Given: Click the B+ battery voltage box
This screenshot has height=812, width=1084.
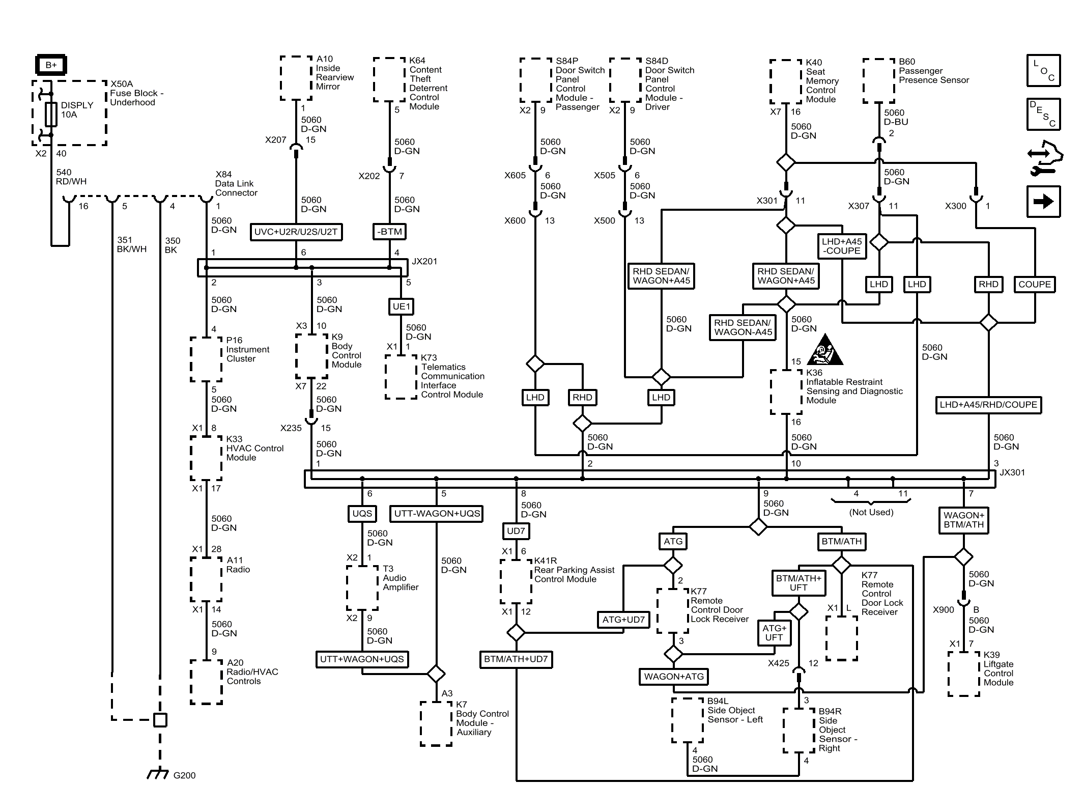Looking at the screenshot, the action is click(51, 65).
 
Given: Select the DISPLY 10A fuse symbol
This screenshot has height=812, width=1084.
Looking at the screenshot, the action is click(51, 114).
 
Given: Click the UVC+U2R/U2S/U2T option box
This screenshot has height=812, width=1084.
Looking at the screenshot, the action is click(296, 232).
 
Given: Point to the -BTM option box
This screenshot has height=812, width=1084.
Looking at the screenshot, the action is click(389, 232).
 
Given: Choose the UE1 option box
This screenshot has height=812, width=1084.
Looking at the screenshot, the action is click(401, 306).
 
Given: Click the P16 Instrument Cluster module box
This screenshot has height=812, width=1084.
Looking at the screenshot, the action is click(206, 359).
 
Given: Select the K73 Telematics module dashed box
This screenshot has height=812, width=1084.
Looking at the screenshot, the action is click(401, 377).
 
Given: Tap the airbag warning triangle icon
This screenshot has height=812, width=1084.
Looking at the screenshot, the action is click(825, 350).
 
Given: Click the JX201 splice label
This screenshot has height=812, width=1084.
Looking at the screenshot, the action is click(424, 261).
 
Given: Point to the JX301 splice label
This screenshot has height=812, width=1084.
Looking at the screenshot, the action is click(1012, 472).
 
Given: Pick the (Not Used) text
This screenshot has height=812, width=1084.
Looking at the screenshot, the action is click(871, 512).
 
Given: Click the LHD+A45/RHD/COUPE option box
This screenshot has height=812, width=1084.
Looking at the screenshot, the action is click(988, 405).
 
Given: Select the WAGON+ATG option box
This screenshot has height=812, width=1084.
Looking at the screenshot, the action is click(674, 677).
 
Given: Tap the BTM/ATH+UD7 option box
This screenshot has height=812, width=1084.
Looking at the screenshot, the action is click(516, 659).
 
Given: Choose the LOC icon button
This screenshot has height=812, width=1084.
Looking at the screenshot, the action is click(1044, 71).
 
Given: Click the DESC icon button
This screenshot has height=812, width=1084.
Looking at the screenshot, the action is click(1044, 115).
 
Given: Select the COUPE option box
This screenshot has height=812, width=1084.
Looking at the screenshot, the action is click(1035, 285).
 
